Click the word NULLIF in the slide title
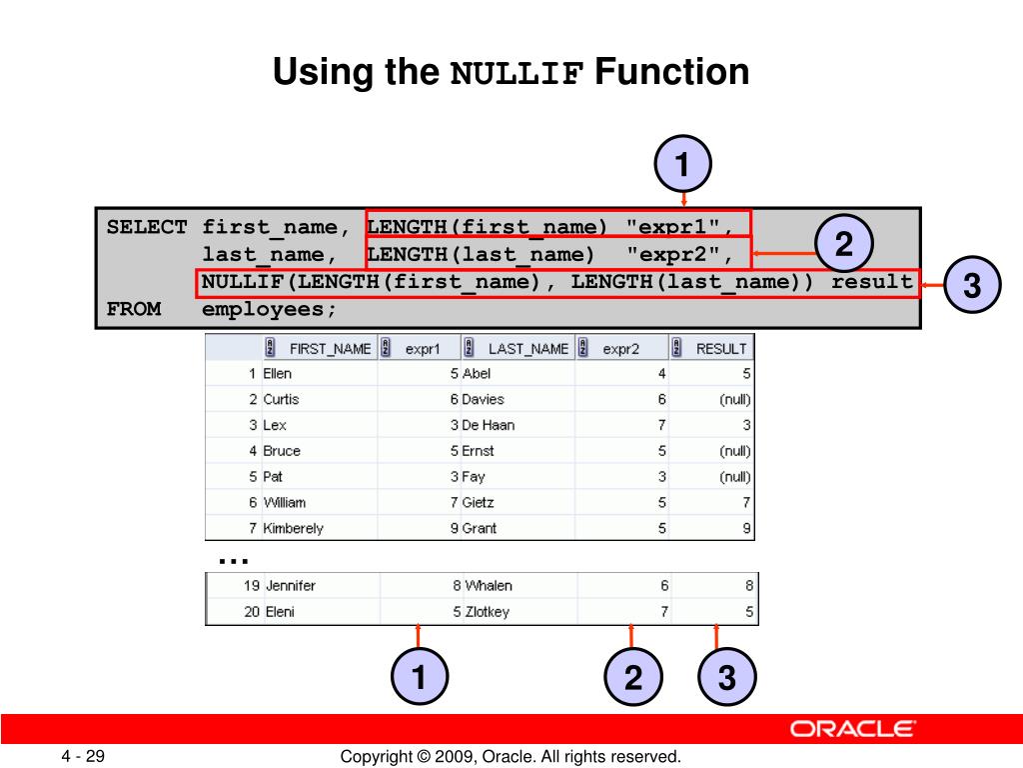(516, 74)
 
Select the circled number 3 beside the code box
(972, 286)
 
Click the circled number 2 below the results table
(633, 678)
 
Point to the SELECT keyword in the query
(147, 227)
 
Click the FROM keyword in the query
(134, 309)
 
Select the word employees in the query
(270, 309)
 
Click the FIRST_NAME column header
(330, 349)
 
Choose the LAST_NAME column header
(527, 349)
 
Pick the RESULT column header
(721, 349)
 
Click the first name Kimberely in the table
(293, 528)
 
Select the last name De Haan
(489, 425)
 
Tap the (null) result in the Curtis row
(734, 399)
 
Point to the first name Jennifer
(291, 586)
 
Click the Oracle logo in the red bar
(852, 729)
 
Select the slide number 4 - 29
(83, 757)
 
